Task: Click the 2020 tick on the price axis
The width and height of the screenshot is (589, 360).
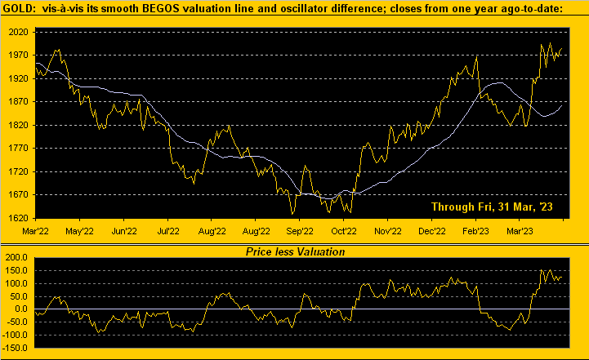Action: (18, 32)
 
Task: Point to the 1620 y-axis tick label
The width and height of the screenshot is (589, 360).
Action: (18, 219)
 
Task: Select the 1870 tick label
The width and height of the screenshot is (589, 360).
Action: (18, 102)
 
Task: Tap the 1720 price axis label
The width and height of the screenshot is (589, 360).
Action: (18, 172)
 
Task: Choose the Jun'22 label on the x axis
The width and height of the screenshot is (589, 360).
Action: (123, 231)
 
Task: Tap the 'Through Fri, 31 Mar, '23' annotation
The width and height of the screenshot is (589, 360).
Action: (492, 208)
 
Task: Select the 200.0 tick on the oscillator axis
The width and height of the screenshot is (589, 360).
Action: (18, 257)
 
